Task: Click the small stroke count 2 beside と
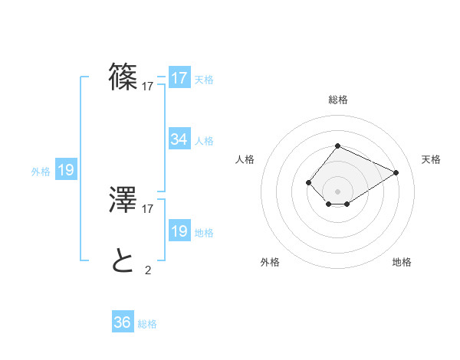147,270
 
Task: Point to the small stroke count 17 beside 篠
148,87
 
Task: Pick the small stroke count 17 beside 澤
148,208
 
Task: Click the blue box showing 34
179,139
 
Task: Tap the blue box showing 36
123,322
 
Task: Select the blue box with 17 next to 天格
179,78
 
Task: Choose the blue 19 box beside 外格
66,170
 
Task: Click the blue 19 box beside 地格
179,231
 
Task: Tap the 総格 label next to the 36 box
147,324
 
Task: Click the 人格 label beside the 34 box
204,141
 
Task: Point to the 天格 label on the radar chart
431,159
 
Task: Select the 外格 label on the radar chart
270,262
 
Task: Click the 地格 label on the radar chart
402,262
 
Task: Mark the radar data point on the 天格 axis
396,172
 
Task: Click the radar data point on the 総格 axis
337,146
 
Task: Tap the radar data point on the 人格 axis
308,182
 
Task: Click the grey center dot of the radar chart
337,191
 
